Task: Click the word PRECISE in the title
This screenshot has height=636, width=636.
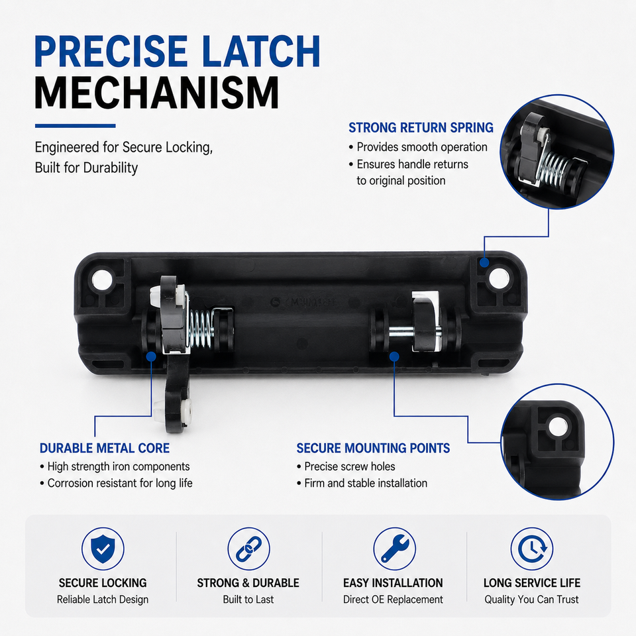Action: click(111, 51)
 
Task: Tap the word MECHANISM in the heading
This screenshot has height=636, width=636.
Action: click(157, 93)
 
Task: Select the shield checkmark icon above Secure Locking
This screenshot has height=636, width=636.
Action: click(103, 549)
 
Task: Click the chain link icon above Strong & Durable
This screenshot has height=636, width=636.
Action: click(248, 549)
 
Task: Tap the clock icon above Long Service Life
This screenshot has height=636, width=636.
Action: click(532, 549)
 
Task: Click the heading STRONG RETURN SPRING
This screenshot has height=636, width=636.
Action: click(421, 128)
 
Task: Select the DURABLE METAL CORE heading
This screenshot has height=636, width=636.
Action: click(105, 449)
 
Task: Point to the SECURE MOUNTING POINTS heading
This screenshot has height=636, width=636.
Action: click(373, 449)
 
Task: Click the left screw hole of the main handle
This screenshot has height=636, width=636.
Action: click(102, 280)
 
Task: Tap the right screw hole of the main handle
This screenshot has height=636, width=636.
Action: click(498, 278)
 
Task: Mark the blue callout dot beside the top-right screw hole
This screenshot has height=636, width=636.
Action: click(484, 262)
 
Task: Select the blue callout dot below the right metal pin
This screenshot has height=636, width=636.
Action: click(394, 356)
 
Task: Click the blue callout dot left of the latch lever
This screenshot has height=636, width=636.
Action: click(151, 356)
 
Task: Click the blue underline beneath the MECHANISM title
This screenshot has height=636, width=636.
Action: click(75, 126)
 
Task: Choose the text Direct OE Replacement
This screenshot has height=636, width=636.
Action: click(393, 599)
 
